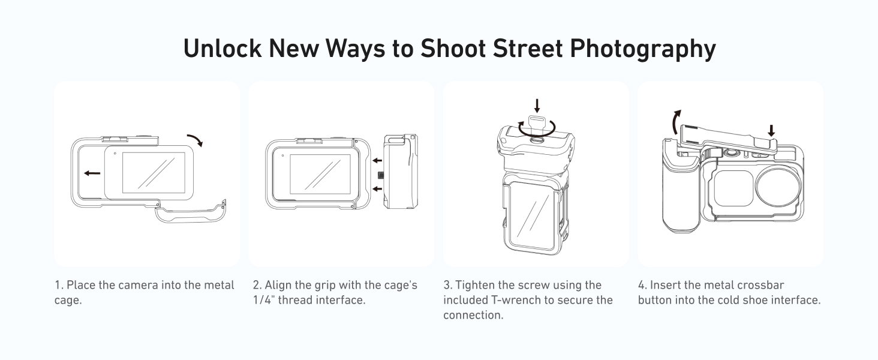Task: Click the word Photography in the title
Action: tap(643, 49)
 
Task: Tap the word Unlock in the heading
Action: tap(222, 48)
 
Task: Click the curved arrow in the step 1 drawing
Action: tap(195, 140)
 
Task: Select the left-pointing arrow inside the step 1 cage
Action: tap(92, 173)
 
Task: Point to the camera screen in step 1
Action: tap(154, 173)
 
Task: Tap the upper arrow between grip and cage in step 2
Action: tap(377, 160)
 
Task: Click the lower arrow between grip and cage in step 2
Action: tap(377, 189)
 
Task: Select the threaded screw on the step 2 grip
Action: tap(380, 175)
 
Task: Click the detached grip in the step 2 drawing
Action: tap(401, 172)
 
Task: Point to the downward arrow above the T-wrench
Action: tap(537, 106)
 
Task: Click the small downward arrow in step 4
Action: tap(771, 131)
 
